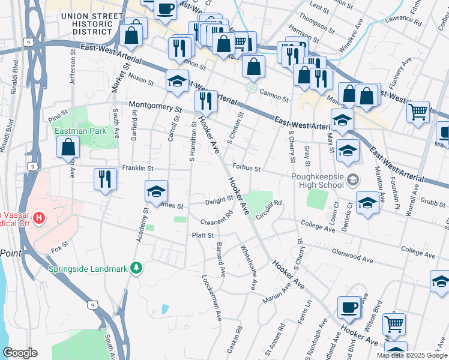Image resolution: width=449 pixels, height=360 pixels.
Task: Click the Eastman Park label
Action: [x=80, y=130]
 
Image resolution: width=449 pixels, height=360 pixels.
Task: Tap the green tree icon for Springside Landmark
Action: [x=137, y=268]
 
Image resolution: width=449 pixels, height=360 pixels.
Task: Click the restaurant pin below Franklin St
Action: [x=105, y=179]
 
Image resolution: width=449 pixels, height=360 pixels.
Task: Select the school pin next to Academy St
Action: [x=156, y=192]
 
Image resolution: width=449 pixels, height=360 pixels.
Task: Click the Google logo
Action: [x=20, y=353]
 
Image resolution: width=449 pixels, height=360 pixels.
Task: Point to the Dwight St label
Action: [x=219, y=200]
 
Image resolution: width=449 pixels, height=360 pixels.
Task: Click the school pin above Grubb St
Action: [x=367, y=203]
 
